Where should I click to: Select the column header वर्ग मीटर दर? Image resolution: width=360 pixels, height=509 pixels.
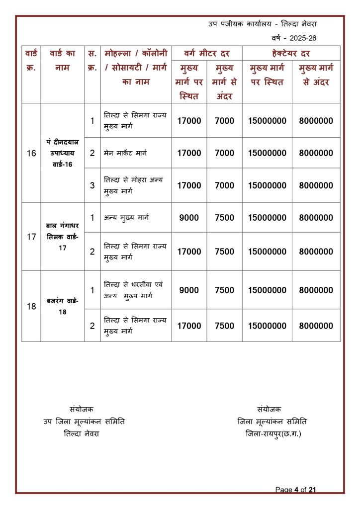coord(206,53)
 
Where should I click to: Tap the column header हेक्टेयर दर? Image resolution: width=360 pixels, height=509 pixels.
coord(291,53)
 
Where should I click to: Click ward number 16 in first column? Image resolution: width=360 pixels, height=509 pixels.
coord(31,154)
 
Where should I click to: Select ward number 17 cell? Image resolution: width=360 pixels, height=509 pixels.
coord(31,237)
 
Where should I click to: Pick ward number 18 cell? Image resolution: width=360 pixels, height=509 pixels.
coord(31,307)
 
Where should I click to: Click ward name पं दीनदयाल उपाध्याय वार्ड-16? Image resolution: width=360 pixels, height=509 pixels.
coord(62,153)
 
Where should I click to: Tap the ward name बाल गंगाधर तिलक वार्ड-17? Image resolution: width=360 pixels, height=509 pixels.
coord(62,237)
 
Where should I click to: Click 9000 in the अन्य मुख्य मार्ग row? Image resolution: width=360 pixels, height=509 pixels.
coord(189,218)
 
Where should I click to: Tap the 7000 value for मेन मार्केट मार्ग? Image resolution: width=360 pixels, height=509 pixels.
coord(224,153)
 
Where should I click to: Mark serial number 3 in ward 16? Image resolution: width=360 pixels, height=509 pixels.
coord(92,185)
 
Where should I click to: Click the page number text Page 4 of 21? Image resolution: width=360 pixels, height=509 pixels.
coord(296,490)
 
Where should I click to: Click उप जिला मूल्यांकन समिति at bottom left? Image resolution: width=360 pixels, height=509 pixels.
coord(84,422)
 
